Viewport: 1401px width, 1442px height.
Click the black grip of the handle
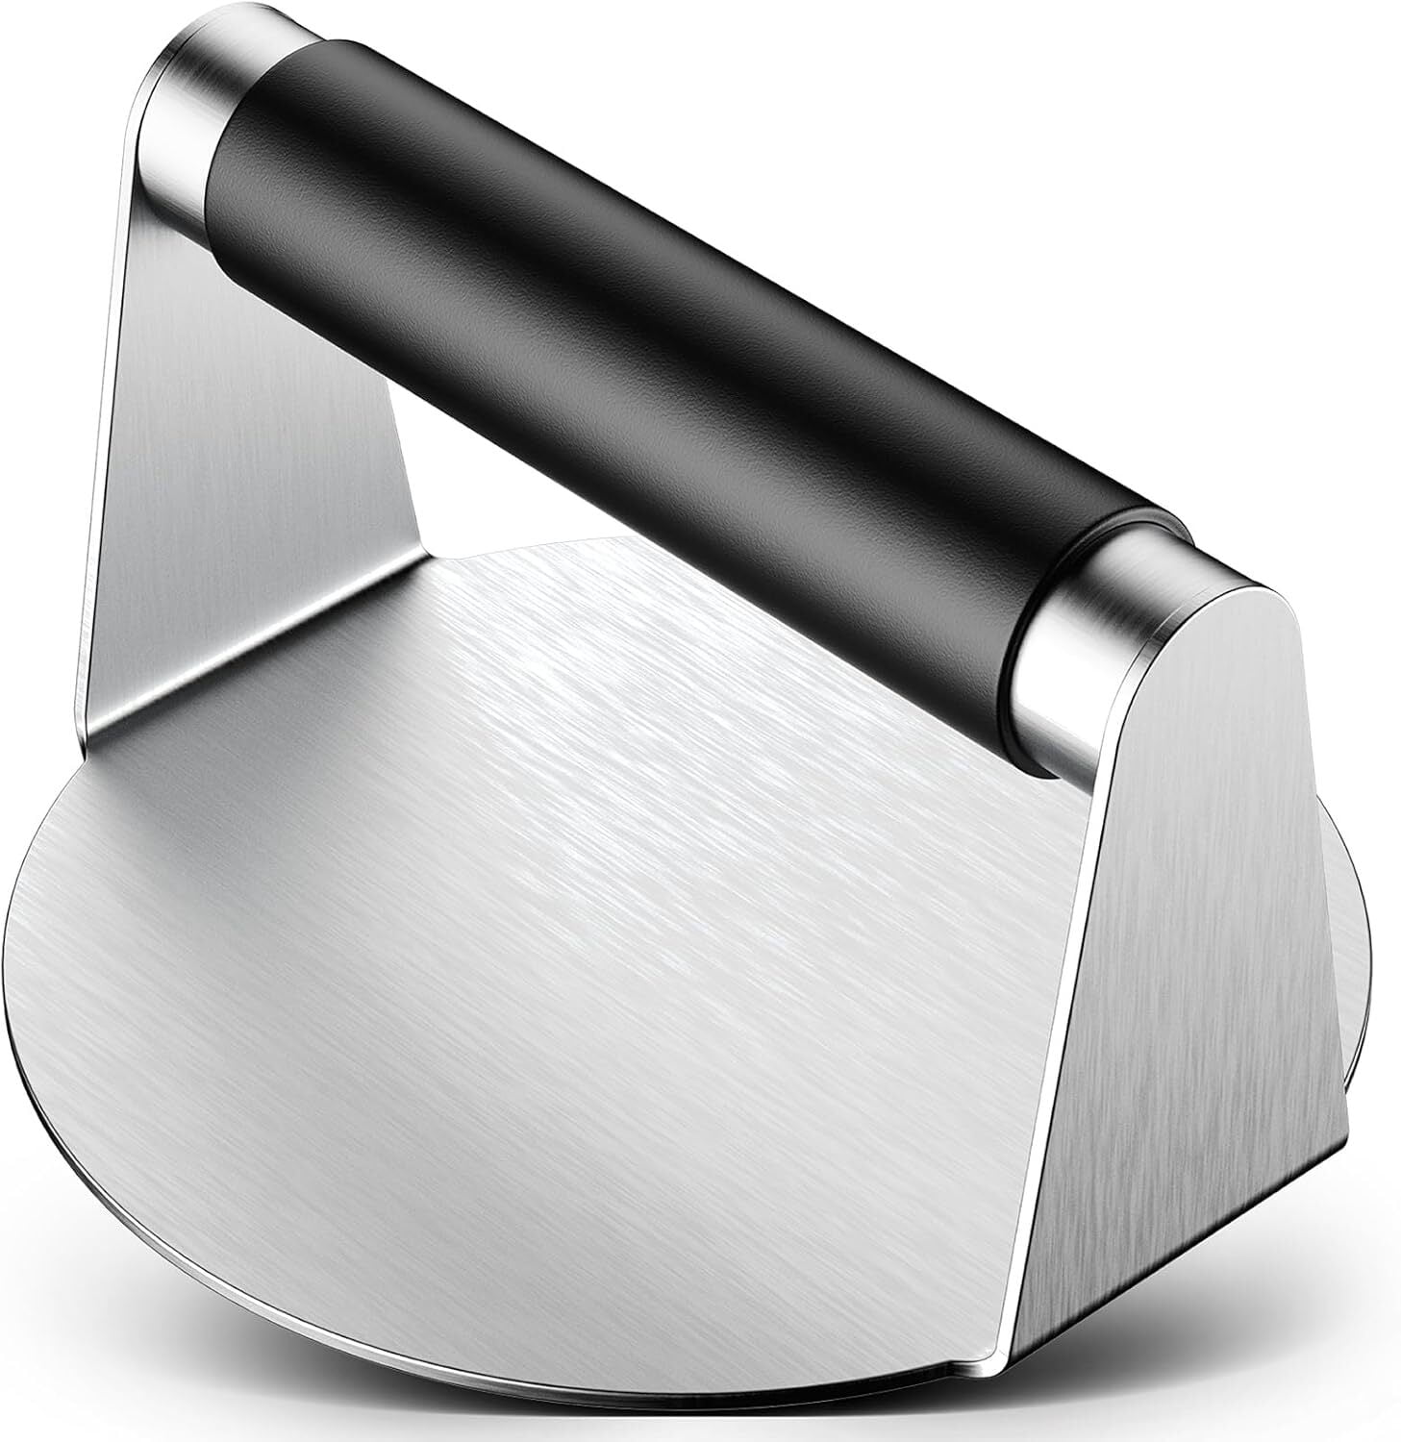673,317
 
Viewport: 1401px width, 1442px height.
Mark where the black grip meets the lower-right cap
1058,625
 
